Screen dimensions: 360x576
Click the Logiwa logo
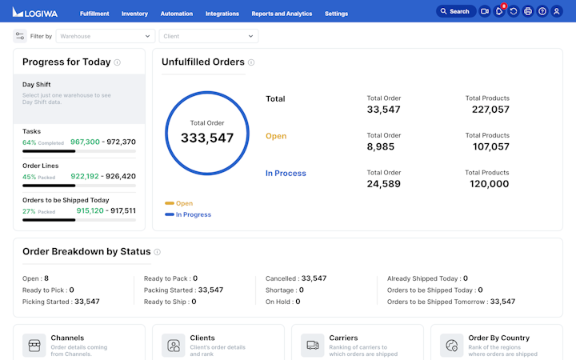[x=35, y=12]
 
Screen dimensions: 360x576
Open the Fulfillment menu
[x=94, y=14]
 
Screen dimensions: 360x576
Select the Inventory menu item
[x=134, y=14]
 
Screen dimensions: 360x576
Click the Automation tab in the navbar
[x=176, y=14]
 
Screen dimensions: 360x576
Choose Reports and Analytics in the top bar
[x=282, y=14]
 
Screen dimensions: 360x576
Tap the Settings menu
[x=336, y=14]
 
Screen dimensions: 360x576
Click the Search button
[x=455, y=12]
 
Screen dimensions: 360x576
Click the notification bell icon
[x=499, y=12]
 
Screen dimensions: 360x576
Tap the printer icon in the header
[x=528, y=12]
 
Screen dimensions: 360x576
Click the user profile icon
[x=557, y=12]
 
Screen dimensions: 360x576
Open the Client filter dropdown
[x=208, y=36]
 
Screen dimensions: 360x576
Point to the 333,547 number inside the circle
[x=207, y=138]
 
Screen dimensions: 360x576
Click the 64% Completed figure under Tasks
[x=42, y=142]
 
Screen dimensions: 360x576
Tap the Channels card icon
[x=34, y=346]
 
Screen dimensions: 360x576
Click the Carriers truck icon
[x=313, y=346]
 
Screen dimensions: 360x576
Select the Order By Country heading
[x=499, y=338]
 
